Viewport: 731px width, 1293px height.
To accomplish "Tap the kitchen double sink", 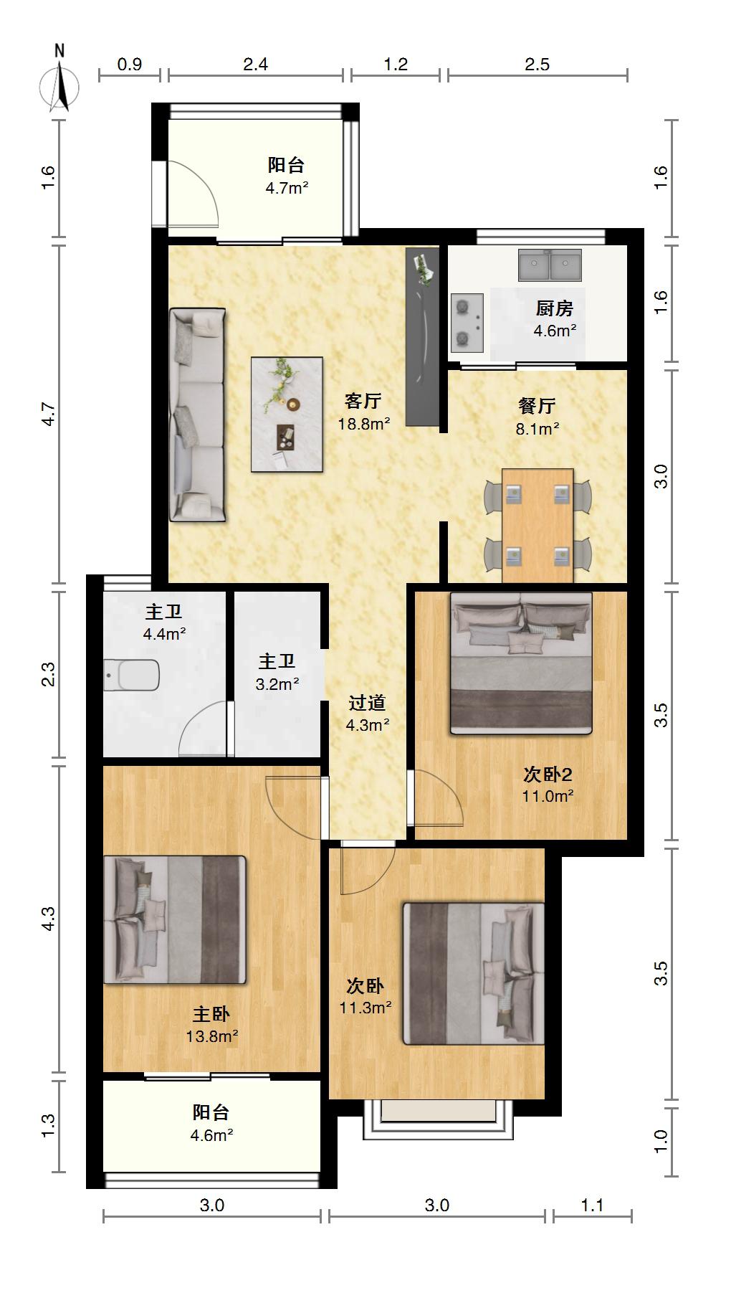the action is (550, 265).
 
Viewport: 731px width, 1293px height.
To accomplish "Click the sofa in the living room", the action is (197, 415).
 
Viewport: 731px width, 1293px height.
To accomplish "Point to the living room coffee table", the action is (287, 415).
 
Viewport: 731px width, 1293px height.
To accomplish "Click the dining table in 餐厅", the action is (537, 526).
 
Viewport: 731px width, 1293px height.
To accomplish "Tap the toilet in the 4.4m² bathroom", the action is (131, 675).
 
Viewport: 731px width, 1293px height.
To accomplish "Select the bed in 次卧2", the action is (521, 663).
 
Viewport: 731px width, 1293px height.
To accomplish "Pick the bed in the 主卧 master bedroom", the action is (175, 919).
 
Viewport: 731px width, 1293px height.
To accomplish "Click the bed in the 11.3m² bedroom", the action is (474, 973).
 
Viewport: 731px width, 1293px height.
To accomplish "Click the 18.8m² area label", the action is (364, 424).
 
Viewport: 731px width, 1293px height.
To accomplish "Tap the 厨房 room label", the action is (555, 308).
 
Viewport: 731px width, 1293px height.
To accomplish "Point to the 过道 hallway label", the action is (368, 703).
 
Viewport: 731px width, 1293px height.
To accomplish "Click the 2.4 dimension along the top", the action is (256, 65).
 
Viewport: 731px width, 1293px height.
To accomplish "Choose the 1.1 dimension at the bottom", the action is (592, 1206).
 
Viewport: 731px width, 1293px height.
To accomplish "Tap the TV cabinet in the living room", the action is (422, 337).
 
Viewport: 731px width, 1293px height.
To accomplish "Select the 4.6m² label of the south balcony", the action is (211, 1135).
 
